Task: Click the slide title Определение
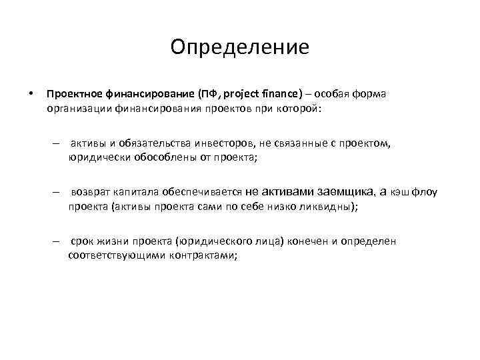(x=239, y=47)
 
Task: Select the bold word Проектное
(x=74, y=93)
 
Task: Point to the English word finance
(x=283, y=93)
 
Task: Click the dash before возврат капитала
(x=59, y=192)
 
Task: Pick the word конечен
(x=309, y=241)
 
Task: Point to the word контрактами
(x=198, y=255)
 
